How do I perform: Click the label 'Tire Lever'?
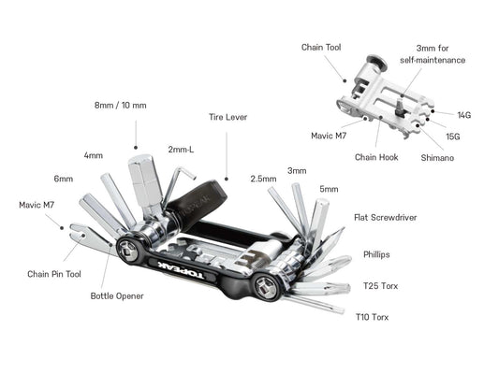tap(227, 118)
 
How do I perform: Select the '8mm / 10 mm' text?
tap(120, 105)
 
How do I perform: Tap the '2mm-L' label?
tap(182, 148)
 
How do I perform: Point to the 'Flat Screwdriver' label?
tap(384, 217)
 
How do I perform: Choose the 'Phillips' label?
tap(377, 253)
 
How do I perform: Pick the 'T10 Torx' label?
tap(373, 317)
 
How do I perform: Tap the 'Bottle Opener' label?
tap(116, 296)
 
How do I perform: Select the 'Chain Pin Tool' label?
tap(54, 274)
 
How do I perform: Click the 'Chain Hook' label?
tap(376, 157)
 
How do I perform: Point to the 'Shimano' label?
tap(437, 158)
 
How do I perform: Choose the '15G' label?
tap(453, 137)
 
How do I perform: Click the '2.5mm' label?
tap(263, 178)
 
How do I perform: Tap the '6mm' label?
tap(64, 178)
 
